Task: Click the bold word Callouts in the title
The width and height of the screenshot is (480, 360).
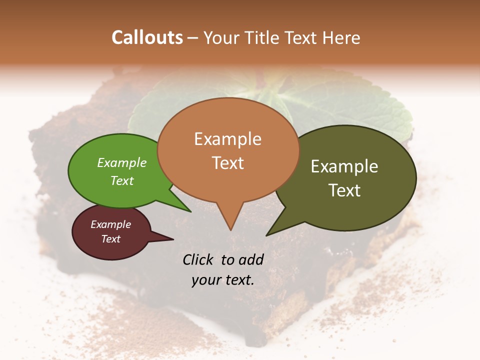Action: [x=147, y=37]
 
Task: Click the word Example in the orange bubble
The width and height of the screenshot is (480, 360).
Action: [x=227, y=139]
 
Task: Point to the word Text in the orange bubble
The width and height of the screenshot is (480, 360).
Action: [x=228, y=163]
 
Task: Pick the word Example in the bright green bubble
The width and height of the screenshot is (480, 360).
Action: [x=121, y=162]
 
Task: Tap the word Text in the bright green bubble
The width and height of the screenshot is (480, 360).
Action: [x=121, y=180]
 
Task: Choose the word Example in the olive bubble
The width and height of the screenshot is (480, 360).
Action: [x=344, y=166]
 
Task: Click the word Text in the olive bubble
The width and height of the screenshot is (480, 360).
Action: [x=344, y=190]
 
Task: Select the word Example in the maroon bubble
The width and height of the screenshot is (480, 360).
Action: [x=110, y=224]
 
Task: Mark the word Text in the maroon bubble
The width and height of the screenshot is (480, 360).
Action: [x=110, y=239]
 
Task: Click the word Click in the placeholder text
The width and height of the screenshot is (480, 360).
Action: [x=198, y=259]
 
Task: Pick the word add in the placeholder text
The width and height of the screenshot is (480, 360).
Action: [x=251, y=259]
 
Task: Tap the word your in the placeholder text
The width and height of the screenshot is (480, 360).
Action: [x=205, y=280]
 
